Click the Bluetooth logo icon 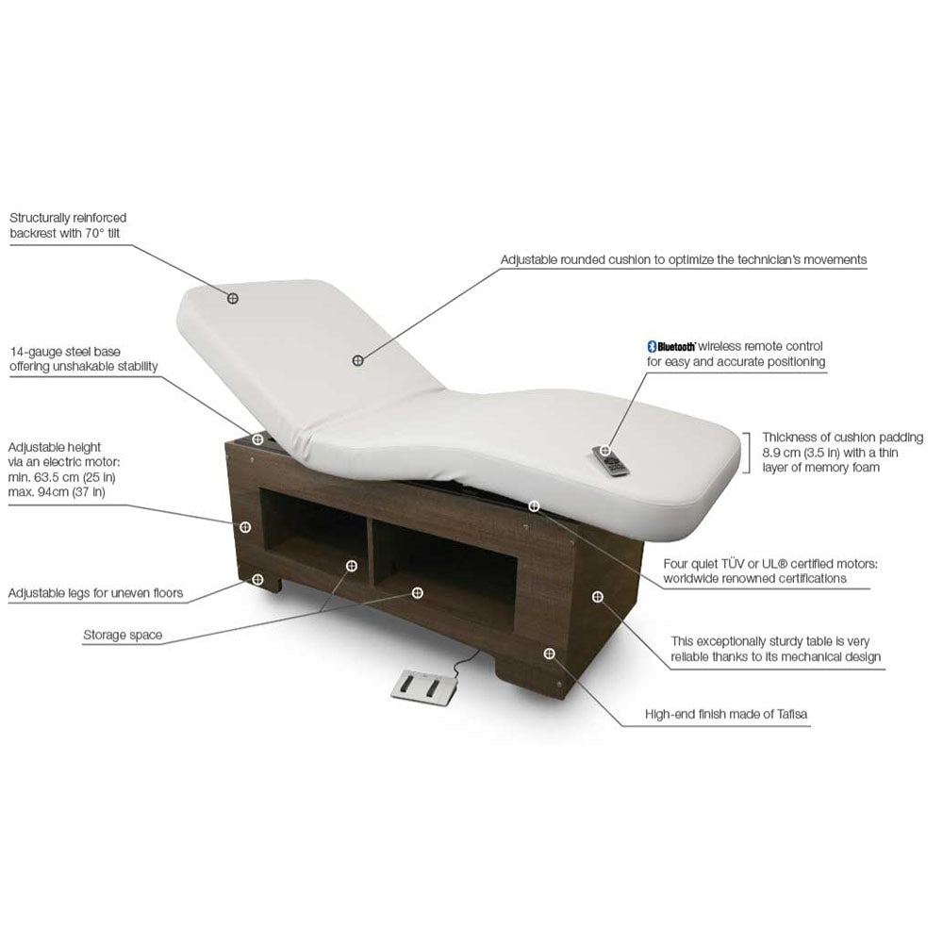point(651,347)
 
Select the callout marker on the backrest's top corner point(233,298)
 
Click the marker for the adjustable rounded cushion point(358,360)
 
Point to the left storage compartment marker point(352,566)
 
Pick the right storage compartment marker point(417,592)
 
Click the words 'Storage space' point(123,636)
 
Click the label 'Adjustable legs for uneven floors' point(95,594)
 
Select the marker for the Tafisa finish point(550,653)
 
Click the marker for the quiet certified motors point(535,506)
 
